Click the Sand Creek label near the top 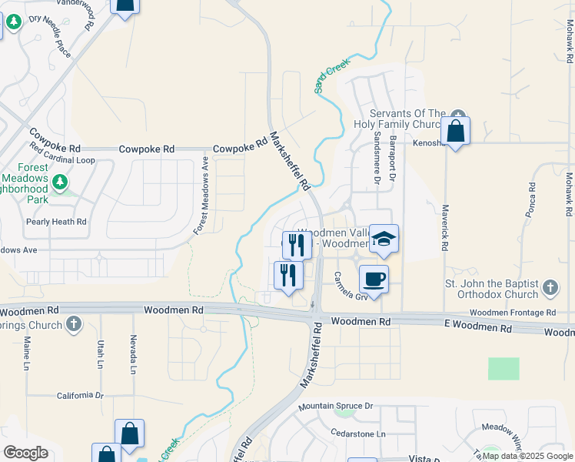pos(331,79)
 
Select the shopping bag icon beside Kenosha pos(455,132)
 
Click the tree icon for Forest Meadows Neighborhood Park pos(60,182)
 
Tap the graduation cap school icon pos(384,239)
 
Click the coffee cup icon pos(374,278)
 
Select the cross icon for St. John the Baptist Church pos(550,288)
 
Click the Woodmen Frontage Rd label pos(512,313)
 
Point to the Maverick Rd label pos(444,227)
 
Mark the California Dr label pos(80,396)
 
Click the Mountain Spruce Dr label pos(335,406)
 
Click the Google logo pos(26,453)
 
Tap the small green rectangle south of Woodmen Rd pos(504,368)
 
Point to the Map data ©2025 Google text pos(527,456)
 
